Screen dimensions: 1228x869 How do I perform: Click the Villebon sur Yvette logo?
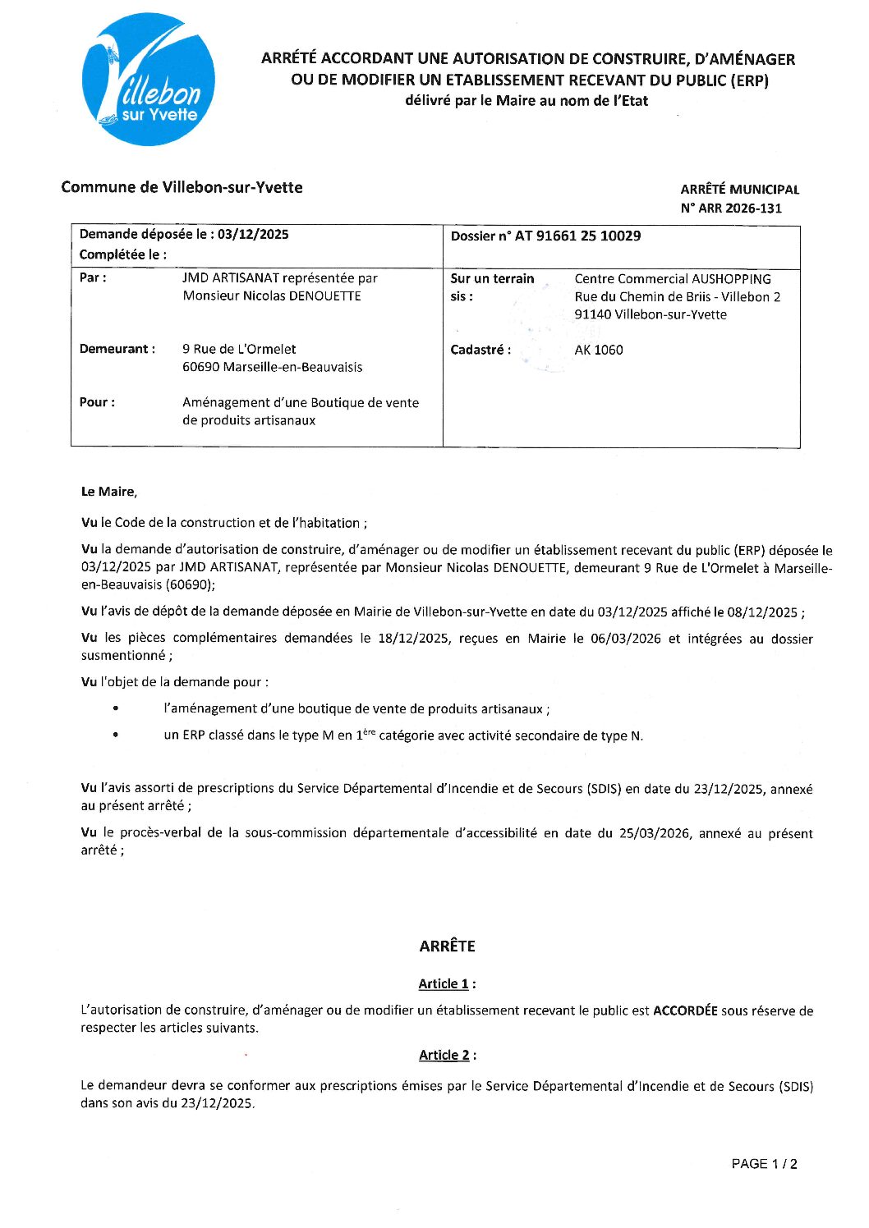click(x=149, y=80)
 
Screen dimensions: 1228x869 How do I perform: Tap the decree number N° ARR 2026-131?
click(x=730, y=208)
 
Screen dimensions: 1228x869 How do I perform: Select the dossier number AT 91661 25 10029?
click(x=577, y=236)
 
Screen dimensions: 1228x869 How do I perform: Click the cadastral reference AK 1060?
click(x=598, y=351)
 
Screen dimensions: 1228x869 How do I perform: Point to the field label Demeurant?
click(x=117, y=350)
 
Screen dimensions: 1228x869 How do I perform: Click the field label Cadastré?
click(x=480, y=351)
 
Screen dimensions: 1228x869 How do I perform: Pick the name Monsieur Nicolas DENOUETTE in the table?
click(x=272, y=296)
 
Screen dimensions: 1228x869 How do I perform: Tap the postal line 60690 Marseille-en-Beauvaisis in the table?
click(x=272, y=368)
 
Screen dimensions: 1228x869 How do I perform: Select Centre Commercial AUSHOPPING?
click(x=672, y=279)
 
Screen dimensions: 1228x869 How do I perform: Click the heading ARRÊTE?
click(x=447, y=946)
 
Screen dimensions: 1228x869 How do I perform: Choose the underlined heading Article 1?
click(x=444, y=984)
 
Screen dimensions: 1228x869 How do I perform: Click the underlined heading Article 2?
click(x=444, y=1056)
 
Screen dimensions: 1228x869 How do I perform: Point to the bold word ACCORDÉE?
click(x=684, y=1011)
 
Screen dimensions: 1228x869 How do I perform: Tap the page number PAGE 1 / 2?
click(x=764, y=1164)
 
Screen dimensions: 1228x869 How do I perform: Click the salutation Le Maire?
click(x=108, y=493)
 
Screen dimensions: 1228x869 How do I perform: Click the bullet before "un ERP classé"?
click(x=116, y=735)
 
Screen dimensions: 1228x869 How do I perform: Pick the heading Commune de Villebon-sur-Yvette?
click(x=182, y=188)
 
